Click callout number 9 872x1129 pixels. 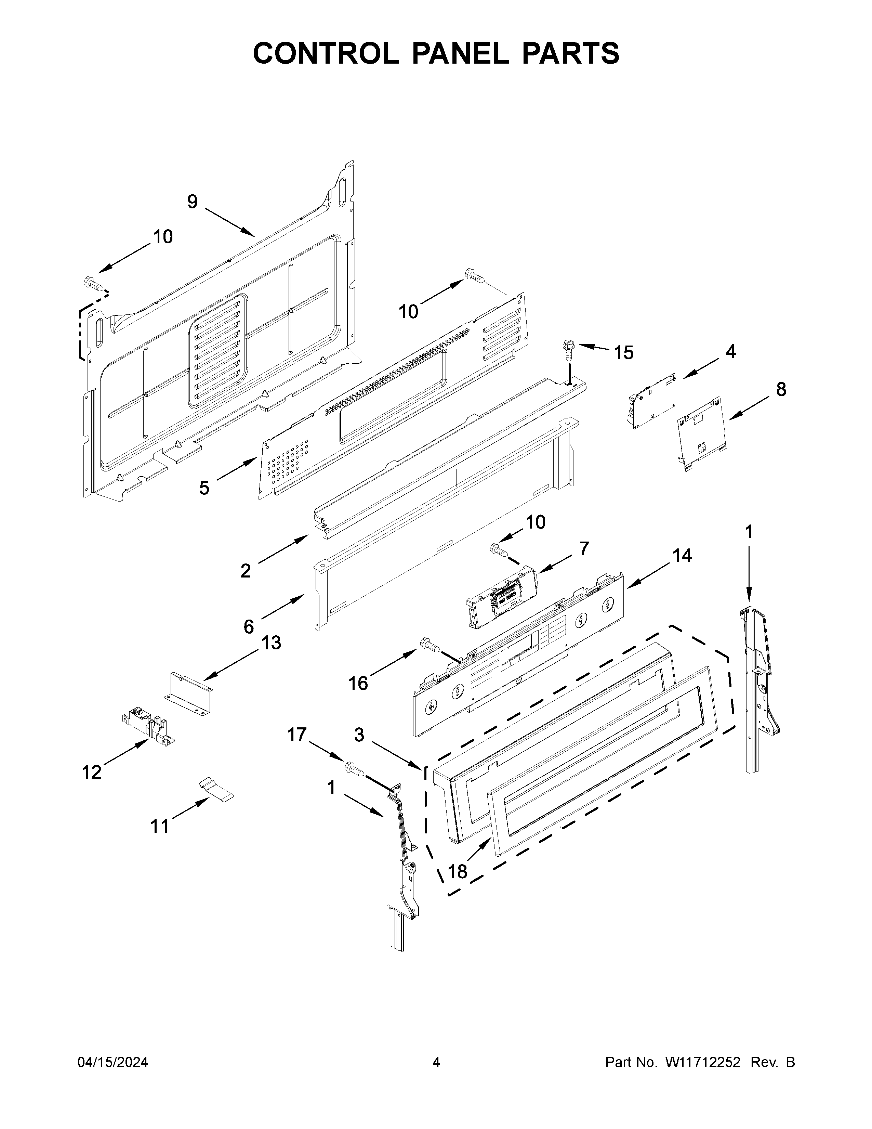(192, 202)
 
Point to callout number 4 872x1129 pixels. (730, 351)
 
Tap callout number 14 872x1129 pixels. (682, 556)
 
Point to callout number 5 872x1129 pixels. (204, 488)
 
